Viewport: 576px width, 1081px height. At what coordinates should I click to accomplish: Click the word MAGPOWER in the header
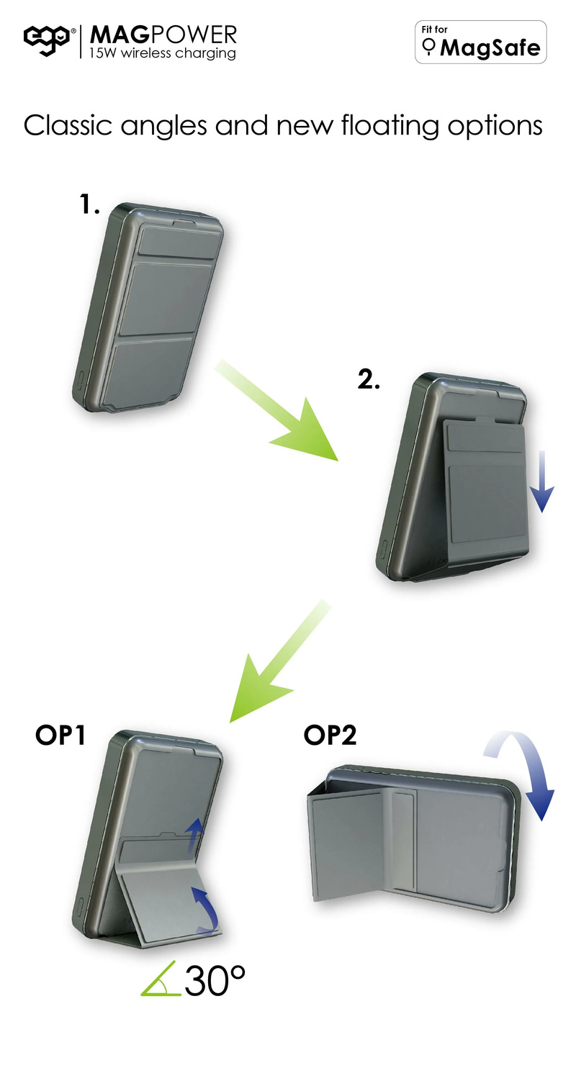(163, 35)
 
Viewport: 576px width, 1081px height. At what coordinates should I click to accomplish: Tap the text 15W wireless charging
(163, 53)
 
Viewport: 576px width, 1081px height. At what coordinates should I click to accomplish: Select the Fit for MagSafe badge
(480, 42)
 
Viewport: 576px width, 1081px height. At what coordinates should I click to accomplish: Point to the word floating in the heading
(390, 127)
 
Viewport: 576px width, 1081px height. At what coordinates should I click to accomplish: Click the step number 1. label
(89, 204)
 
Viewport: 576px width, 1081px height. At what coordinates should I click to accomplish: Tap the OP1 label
(60, 736)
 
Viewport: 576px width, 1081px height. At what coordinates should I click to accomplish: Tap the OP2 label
(330, 736)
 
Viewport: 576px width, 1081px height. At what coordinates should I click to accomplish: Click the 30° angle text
(215, 981)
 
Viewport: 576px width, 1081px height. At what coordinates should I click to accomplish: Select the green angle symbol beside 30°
(161, 979)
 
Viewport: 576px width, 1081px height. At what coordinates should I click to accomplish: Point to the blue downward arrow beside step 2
(542, 481)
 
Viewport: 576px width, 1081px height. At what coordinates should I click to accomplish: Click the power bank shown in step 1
(148, 307)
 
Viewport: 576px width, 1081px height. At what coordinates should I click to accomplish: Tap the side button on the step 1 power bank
(81, 380)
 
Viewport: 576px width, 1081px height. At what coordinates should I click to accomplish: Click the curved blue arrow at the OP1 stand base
(207, 908)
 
